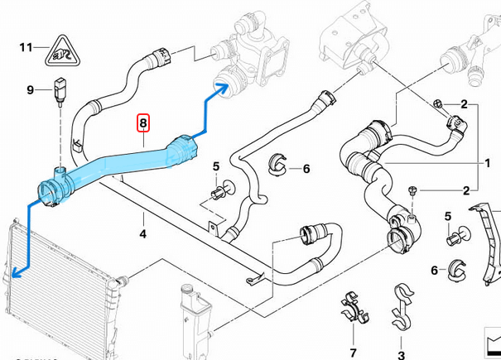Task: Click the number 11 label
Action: pos(26,47)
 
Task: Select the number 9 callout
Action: pos(31,89)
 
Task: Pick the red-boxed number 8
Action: pos(143,125)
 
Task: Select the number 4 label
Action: pos(142,234)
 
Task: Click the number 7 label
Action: pos(353,353)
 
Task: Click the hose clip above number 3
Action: pos(403,305)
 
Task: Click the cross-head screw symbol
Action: pos(436,104)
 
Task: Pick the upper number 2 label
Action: pos(465,104)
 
